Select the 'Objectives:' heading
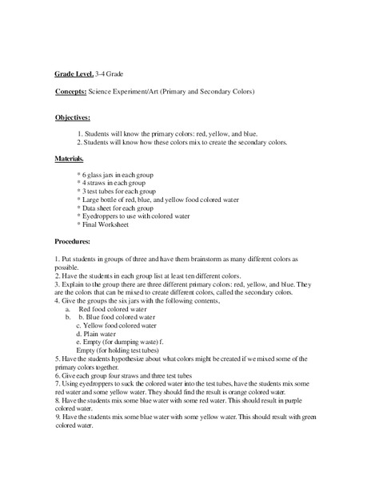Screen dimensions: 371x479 tap(72, 117)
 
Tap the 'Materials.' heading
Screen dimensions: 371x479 tap(70, 160)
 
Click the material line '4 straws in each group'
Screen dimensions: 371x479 tap(112, 182)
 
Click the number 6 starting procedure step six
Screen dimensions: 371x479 tap(58, 374)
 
